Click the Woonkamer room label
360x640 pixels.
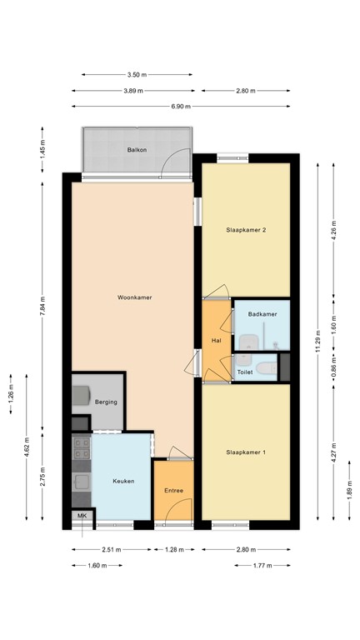(134, 297)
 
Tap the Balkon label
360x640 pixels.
(137, 150)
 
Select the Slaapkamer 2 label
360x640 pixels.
(246, 230)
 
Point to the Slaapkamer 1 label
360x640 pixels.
(246, 452)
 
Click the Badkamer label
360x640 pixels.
(262, 313)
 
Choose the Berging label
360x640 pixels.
(106, 402)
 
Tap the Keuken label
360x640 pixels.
(124, 481)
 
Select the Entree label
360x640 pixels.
(173, 490)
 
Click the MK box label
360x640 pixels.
(82, 517)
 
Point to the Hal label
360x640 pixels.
(216, 340)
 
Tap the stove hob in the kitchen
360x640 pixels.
(82, 450)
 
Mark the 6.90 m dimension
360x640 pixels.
(181, 107)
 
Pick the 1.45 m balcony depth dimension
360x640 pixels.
(42, 151)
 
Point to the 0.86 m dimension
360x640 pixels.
(334, 367)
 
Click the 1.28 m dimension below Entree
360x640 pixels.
(173, 550)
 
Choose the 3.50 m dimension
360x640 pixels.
(137, 75)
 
